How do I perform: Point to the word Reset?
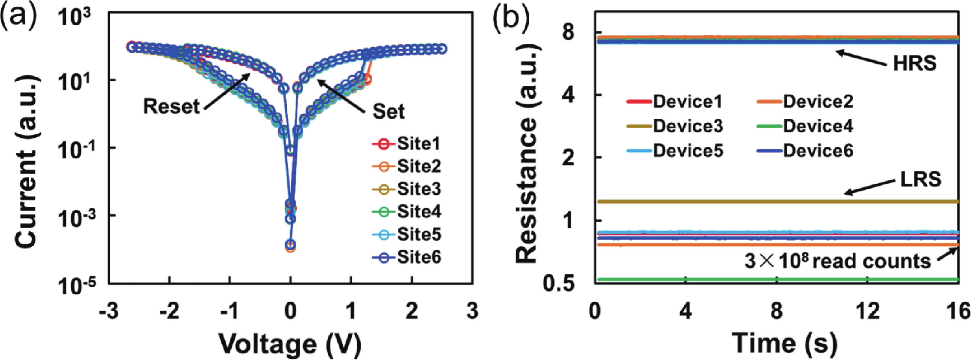tap(171, 107)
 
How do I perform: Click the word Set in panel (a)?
tap(388, 111)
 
